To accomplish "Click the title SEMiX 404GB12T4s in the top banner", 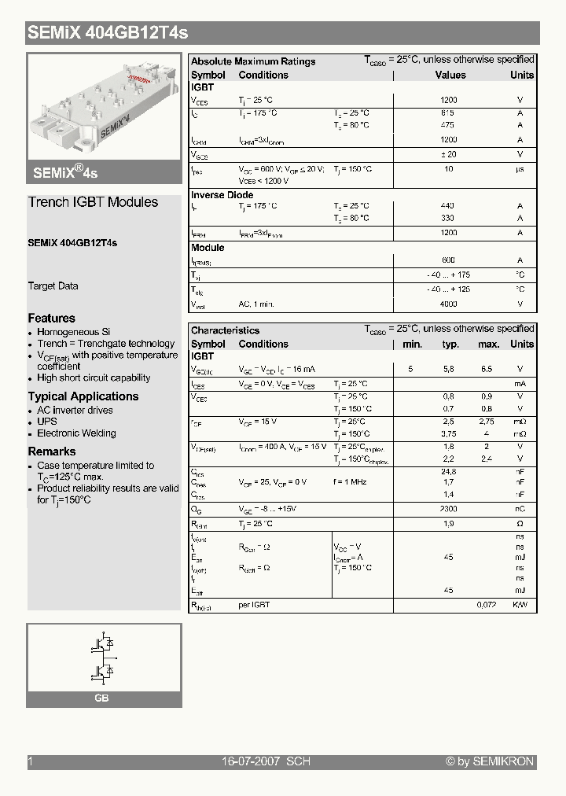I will [x=108, y=33].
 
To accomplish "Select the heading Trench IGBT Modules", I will [x=93, y=202].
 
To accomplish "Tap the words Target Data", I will [x=53, y=286].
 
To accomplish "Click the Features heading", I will [x=52, y=319].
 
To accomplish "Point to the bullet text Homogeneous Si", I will [x=74, y=333].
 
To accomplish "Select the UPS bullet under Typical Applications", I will [x=47, y=422].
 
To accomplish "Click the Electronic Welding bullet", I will [x=76, y=433].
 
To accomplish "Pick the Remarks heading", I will [x=52, y=451].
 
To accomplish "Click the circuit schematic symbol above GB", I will [x=103, y=658].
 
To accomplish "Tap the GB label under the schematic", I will [x=101, y=698].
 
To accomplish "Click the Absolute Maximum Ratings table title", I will [x=253, y=61].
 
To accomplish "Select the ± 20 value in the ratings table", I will [x=448, y=155].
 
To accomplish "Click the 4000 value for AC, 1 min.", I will [x=448, y=304].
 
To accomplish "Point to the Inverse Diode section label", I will [x=222, y=195].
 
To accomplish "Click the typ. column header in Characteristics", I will [x=450, y=345].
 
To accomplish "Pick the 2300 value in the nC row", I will [x=448, y=509].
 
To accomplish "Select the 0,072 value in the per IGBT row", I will [x=489, y=605].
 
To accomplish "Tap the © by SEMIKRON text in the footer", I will [x=490, y=761].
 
